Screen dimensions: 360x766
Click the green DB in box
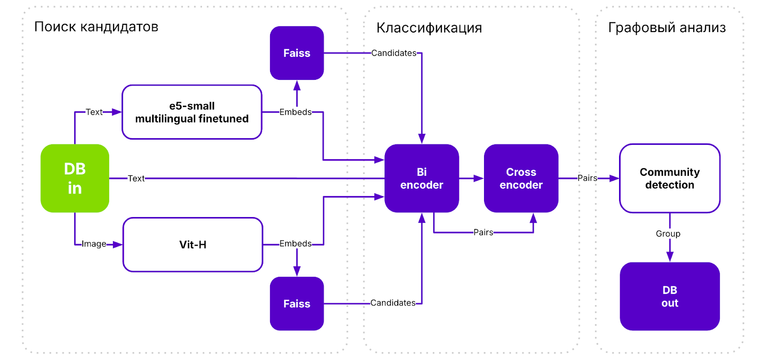[75, 178]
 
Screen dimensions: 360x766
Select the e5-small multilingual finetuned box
[192, 112]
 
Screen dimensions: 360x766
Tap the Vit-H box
[193, 245]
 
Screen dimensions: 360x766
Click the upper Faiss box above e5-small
[297, 53]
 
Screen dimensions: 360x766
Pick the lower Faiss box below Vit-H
[297, 304]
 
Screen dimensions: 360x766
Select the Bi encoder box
[422, 178]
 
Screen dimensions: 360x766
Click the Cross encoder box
[521, 178]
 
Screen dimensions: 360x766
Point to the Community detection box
[669, 178]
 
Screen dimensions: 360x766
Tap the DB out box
[669, 296]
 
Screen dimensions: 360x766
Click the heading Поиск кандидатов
[96, 27]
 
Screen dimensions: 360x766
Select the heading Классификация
[429, 28]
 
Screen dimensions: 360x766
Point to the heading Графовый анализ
[667, 28]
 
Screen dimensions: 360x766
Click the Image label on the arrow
[94, 244]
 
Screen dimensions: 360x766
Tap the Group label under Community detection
[668, 234]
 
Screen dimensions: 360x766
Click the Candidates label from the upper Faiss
[394, 53]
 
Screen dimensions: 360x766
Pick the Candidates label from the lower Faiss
[393, 303]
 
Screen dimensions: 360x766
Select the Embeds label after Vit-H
[295, 244]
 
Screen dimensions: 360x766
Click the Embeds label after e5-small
[295, 112]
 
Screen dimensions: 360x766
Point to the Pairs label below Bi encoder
[483, 232]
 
